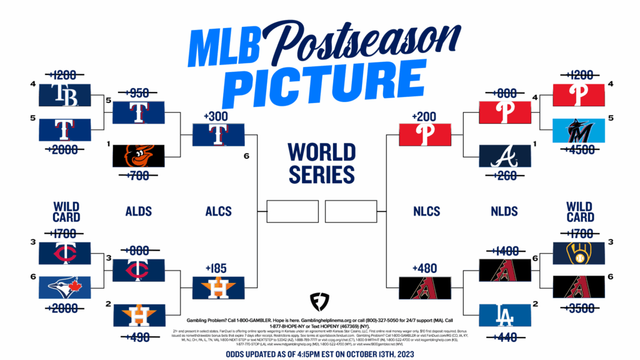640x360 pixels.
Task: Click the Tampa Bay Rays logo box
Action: pyautogui.click(x=64, y=95)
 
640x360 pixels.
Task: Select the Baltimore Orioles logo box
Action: pyautogui.click(x=138, y=156)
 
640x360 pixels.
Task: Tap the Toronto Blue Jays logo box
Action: pyautogui.click(x=64, y=287)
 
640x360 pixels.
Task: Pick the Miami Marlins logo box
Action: pyautogui.click(x=578, y=129)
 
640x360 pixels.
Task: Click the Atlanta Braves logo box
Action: pyautogui.click(x=503, y=156)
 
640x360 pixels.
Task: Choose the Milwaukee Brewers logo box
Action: pyautogui.click(x=578, y=252)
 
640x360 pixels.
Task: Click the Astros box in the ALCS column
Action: pyautogui.click(x=217, y=287)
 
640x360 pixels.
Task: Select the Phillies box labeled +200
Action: pyautogui.click(x=424, y=134)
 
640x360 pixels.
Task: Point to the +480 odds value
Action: pyautogui.click(x=424, y=269)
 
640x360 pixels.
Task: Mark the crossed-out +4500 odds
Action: pyautogui.click(x=578, y=148)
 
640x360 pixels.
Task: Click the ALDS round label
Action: pyautogui.click(x=138, y=212)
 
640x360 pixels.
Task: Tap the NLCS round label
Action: pyautogui.click(x=424, y=212)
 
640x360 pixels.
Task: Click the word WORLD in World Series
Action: pyautogui.click(x=321, y=152)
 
